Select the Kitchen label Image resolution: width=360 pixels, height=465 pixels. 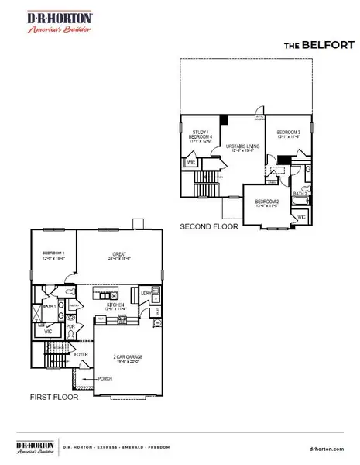116,305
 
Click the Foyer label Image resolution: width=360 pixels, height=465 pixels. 81,355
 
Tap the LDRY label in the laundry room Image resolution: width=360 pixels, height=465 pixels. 146,292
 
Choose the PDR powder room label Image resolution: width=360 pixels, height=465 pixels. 70,327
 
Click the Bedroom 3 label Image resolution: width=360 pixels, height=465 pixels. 288,132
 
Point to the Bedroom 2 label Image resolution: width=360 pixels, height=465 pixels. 266,203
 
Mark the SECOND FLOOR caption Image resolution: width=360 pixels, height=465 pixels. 209,229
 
